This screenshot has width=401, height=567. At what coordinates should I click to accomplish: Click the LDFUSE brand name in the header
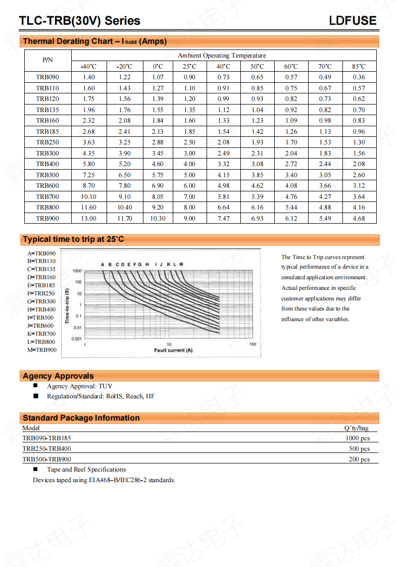353,21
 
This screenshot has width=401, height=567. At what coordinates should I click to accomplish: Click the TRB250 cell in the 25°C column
189,142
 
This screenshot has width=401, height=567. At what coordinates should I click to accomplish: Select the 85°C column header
359,66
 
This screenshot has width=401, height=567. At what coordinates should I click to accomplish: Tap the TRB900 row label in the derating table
47,219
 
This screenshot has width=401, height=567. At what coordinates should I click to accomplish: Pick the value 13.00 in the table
88,219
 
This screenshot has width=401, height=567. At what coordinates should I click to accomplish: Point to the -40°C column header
88,66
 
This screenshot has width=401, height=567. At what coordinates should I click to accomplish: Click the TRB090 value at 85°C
359,77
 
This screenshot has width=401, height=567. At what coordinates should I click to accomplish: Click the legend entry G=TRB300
41,301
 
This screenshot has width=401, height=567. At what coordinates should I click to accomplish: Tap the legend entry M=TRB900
42,350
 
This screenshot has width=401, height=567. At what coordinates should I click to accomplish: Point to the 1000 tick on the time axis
77,271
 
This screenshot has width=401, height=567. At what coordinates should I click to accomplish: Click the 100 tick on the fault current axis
253,344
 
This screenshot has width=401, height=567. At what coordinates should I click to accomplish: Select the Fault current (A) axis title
173,350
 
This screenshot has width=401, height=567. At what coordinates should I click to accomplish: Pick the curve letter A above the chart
103,265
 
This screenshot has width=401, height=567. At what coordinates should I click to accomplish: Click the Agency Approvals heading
58,376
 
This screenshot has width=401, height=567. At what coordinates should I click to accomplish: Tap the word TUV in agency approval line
106,386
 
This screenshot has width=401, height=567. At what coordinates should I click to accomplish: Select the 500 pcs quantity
359,449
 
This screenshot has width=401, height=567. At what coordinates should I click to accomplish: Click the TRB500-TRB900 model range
47,459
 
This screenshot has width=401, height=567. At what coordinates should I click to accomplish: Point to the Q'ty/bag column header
356,428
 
